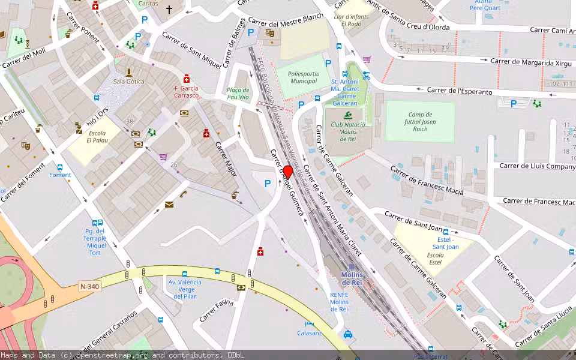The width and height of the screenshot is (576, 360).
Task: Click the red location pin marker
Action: (287, 172)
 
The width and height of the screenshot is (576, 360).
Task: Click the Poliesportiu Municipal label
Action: (303, 77)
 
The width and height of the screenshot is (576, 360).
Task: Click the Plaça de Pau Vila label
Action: (238, 93)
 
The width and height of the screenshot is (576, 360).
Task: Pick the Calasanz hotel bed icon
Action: (310, 324)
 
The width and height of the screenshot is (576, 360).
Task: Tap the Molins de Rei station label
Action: (352, 278)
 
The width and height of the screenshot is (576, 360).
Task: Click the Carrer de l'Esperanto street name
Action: (460, 91)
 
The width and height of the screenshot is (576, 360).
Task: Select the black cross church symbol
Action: (169, 10)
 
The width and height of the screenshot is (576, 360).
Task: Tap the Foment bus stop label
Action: (60, 175)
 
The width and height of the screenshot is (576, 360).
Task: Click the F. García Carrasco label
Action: (186, 92)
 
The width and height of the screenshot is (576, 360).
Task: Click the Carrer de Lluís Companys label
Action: (538, 166)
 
